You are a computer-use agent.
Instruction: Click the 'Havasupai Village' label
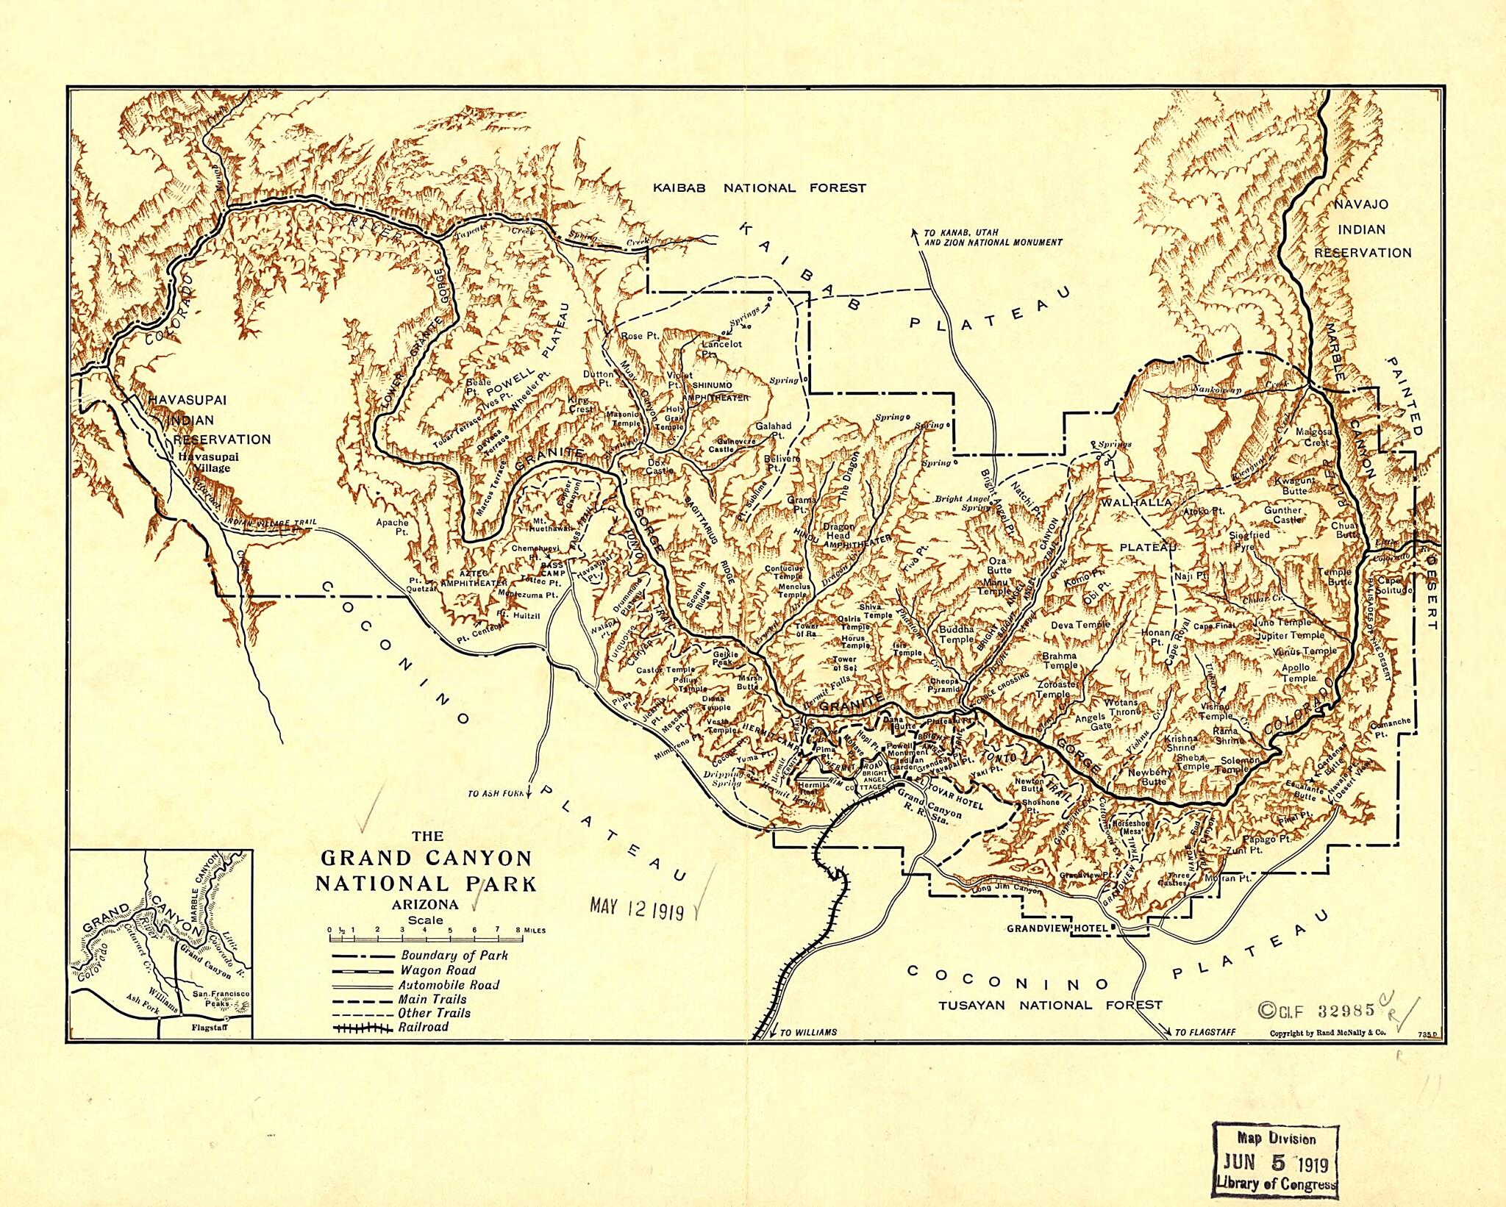(x=204, y=462)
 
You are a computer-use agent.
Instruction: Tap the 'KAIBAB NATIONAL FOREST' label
(x=760, y=188)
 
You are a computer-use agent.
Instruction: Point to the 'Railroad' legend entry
(x=423, y=1027)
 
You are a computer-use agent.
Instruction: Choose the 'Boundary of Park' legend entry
(x=454, y=956)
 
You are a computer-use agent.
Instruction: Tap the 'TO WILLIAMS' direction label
(x=808, y=1033)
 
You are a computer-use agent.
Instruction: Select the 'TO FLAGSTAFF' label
(x=1205, y=1033)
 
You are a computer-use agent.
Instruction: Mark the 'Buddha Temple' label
(x=957, y=634)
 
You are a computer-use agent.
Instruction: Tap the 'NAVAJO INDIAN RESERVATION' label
(x=1363, y=229)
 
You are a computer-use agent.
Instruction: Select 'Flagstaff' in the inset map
(x=206, y=1028)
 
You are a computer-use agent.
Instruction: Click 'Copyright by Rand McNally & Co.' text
(x=1327, y=1033)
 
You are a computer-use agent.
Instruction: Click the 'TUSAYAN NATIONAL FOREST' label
(x=1049, y=1005)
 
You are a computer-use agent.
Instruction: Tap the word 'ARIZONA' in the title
(x=427, y=905)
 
